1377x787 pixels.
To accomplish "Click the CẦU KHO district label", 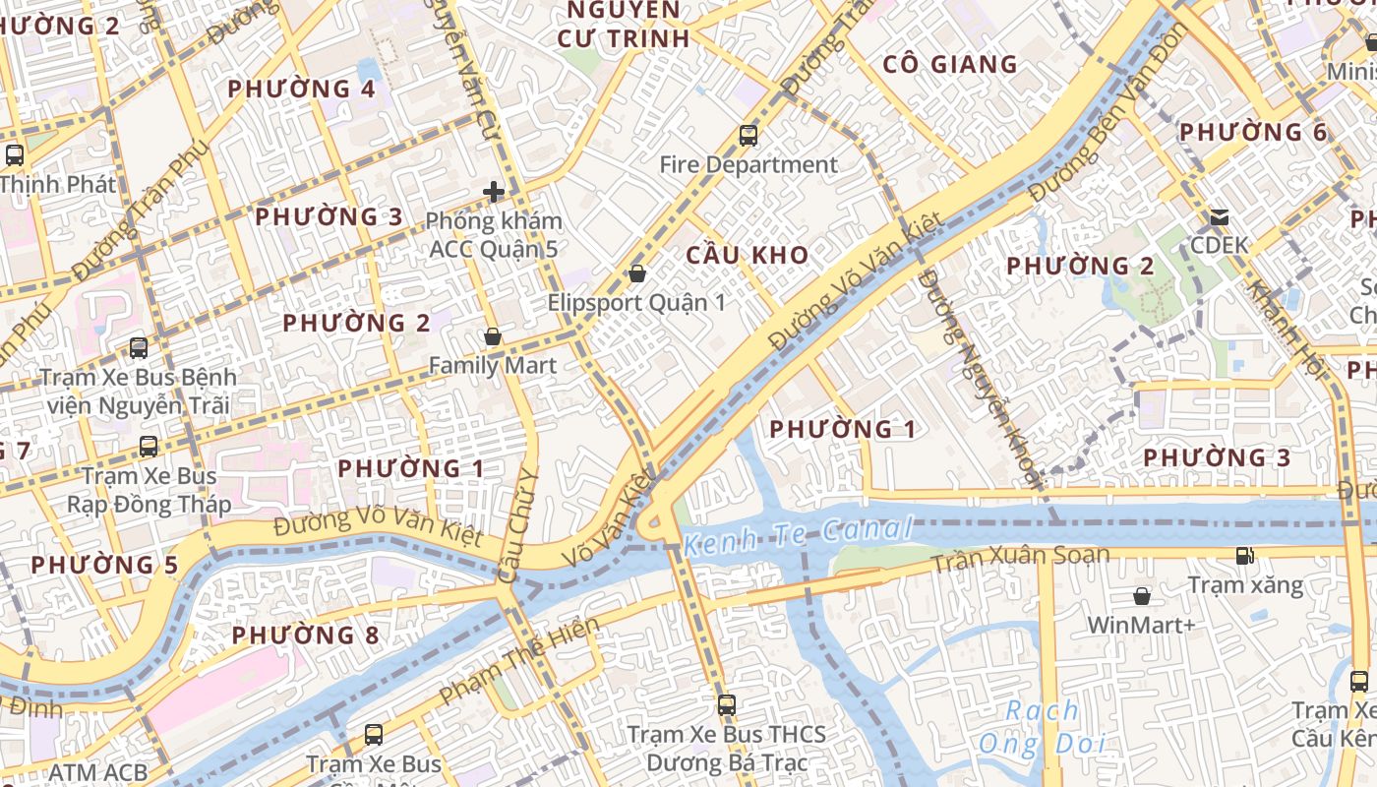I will point(748,255).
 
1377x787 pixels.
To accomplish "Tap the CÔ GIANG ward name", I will point(950,65).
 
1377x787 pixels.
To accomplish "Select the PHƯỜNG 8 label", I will point(305,636).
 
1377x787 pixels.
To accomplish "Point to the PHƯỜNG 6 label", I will point(1253,132).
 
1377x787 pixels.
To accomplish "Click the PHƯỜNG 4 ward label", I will point(302,90).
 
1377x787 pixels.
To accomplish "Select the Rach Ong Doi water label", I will point(1042,727).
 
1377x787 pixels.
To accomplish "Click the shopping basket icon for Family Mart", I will point(493,337).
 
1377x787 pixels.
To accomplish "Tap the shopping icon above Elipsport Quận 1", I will point(637,273).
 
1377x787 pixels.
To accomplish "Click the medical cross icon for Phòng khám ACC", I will point(494,192).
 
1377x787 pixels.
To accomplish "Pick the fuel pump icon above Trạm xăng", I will point(1245,556).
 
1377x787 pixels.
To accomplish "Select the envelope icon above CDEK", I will point(1220,216).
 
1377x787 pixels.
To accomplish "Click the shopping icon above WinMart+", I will point(1142,596).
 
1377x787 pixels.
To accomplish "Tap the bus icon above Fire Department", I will point(748,136).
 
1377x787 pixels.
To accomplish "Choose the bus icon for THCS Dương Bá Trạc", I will point(727,705).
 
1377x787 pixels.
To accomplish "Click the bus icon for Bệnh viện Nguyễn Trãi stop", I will point(139,348).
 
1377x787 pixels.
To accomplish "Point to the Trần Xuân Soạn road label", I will point(1020,559).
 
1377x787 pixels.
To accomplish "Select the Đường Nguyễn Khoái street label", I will point(979,379).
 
